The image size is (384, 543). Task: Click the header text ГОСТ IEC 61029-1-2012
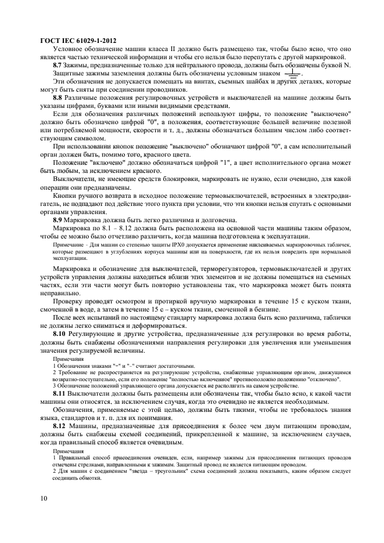pyautogui.click(x=78, y=40)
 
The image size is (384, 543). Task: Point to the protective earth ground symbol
pyautogui.click(x=293, y=74)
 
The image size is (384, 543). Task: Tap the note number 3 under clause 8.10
pyautogui.click(x=54, y=386)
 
